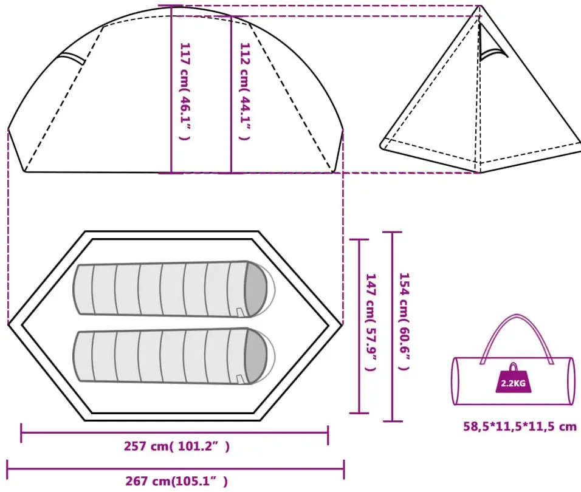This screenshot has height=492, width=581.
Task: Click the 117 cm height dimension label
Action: click(185, 92)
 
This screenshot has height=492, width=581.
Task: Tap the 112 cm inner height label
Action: click(245, 92)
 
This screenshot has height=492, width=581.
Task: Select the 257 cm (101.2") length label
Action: click(177, 446)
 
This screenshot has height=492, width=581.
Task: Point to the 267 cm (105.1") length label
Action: click(177, 481)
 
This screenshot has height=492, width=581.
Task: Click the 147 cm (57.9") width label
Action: click(371, 322)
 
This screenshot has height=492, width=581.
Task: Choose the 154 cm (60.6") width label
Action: click(404, 321)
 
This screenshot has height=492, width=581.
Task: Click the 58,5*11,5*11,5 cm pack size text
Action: click(520, 426)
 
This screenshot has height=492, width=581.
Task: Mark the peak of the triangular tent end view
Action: click(481, 6)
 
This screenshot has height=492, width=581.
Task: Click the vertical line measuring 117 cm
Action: click(171, 89)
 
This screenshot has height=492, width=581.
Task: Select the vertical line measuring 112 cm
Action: click(231, 94)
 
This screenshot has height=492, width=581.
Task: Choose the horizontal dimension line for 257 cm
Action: click(174, 432)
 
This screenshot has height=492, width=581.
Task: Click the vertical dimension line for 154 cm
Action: click(393, 327)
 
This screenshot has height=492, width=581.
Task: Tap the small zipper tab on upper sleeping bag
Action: click(239, 312)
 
